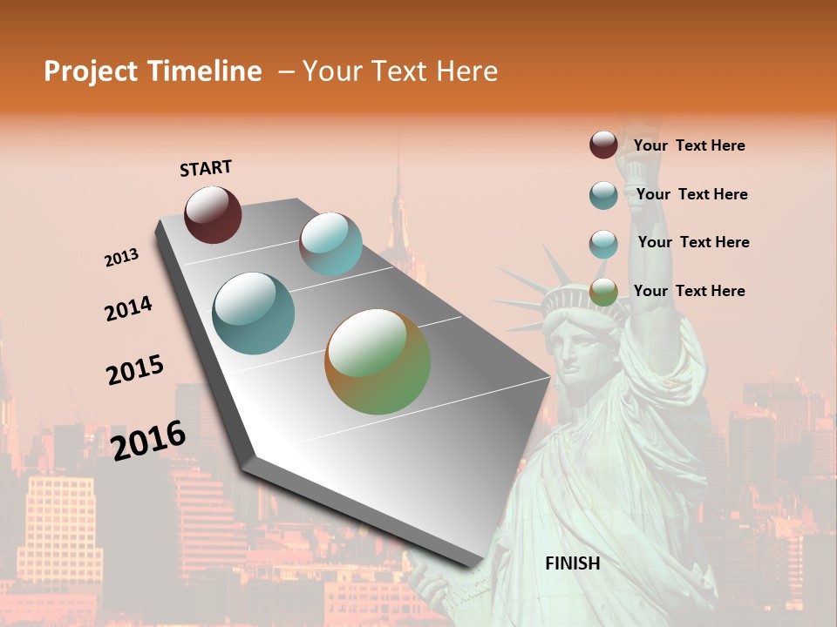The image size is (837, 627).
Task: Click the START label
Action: pos(206,168)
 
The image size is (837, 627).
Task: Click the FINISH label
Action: pos(573,563)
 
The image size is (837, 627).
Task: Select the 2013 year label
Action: pos(121,258)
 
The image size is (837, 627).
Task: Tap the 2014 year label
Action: pos(128,308)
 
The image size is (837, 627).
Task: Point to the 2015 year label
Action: pos(135,370)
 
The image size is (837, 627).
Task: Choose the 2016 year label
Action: pos(148,441)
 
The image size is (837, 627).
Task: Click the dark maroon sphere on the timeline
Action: pos(213,214)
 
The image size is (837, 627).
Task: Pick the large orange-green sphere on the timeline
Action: pos(378,361)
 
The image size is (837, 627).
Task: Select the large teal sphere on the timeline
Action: pos(254,313)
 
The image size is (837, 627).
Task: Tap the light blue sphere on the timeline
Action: pos(330,244)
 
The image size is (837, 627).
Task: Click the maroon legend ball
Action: pos(603,145)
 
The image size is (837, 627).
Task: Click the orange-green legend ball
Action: pos(603,292)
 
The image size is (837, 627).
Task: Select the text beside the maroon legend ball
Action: pos(689,146)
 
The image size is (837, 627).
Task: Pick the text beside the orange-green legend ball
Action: pos(689,291)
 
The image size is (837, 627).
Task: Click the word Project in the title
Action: pos(92,71)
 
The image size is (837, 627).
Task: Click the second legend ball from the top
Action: pos(603,195)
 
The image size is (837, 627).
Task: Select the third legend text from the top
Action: pos(693,242)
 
